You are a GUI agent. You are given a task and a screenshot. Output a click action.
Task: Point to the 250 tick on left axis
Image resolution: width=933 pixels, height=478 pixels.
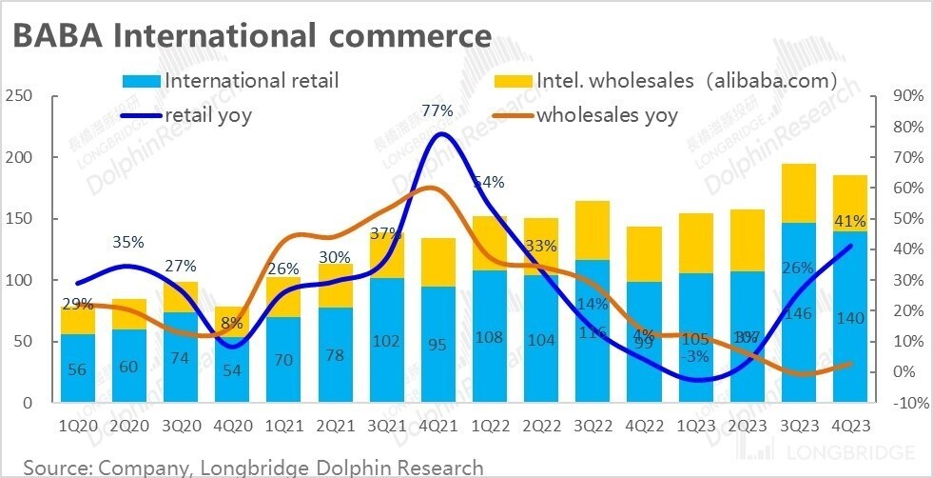[19, 96]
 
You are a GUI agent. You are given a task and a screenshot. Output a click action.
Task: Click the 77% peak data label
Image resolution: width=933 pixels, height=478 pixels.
[437, 111]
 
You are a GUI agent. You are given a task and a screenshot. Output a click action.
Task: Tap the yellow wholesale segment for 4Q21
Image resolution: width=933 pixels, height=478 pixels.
[437, 262]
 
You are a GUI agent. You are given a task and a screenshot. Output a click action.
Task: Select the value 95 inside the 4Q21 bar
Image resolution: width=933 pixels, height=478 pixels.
[437, 345]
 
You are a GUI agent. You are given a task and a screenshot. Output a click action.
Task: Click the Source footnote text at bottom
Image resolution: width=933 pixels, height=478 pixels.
[253, 467]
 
